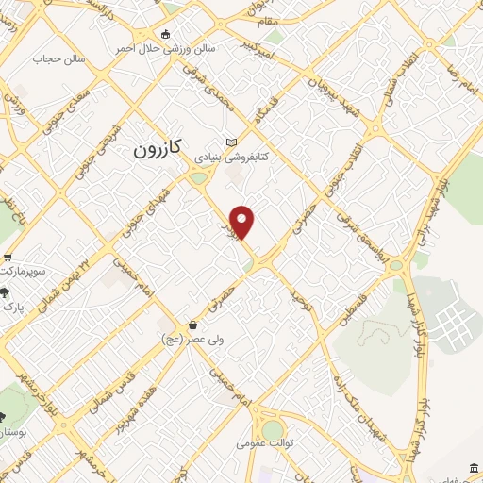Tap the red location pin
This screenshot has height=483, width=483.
243,222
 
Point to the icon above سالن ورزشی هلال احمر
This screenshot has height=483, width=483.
167,33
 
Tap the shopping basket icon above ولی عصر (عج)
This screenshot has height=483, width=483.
193,325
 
